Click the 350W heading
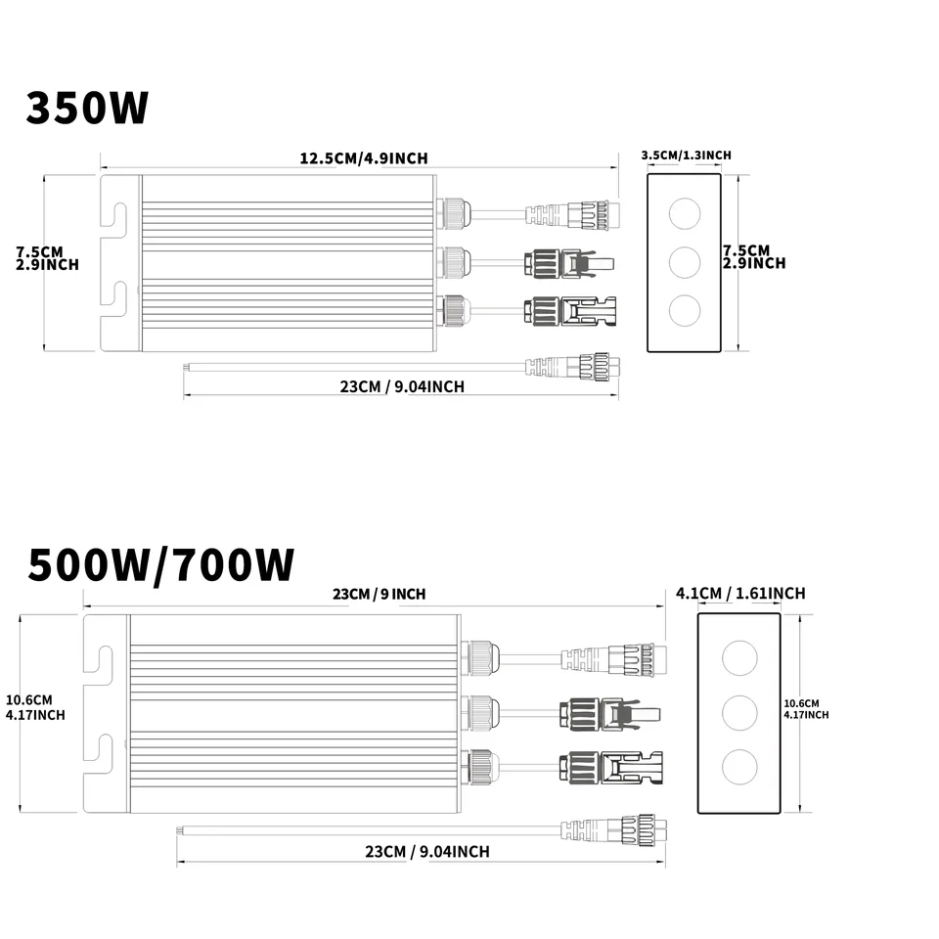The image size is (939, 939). coord(87,108)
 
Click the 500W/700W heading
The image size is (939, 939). coord(161,564)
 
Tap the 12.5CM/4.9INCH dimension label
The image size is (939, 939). coord(364,158)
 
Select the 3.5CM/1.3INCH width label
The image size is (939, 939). coord(687,156)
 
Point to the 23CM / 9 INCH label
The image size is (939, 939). coord(380,594)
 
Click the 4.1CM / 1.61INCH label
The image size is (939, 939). coord(740,594)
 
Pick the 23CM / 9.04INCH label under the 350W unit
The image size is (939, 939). coord(402,387)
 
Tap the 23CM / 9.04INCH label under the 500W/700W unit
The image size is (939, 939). coord(427,852)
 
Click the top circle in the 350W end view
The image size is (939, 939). coord(685,214)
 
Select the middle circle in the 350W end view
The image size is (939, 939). coord(685,262)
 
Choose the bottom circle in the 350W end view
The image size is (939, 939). coord(685,310)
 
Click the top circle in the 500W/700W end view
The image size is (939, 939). coord(739,657)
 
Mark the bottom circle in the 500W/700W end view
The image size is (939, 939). coord(739,767)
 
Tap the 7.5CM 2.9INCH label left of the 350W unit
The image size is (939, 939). coord(47,258)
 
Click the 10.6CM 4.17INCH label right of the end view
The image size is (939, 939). coord(806,709)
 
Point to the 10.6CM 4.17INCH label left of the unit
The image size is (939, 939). coord(35,707)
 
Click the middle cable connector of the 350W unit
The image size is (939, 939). coord(569,263)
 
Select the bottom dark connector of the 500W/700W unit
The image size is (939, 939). coord(610,767)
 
